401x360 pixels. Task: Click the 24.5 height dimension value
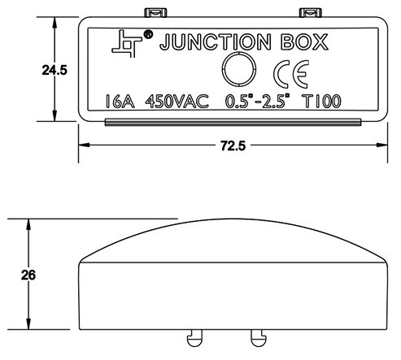pos(54,71)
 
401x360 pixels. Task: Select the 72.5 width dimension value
pos(233,145)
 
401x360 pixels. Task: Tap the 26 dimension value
pos(28,275)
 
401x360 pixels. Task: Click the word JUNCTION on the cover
pos(216,42)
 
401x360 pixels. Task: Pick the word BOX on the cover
pos(304,42)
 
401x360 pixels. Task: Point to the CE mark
pos(291,74)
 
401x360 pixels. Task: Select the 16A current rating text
pos(120,102)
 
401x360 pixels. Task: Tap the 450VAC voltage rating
pos(177,102)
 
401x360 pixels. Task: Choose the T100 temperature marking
pos(322,102)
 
